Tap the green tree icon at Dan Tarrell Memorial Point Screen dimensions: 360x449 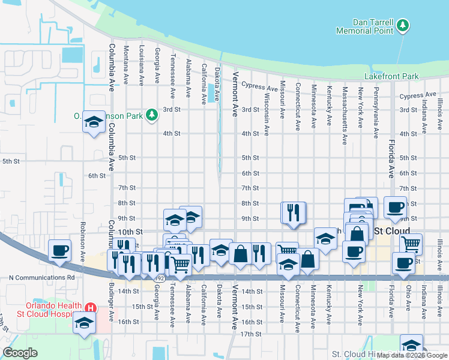point(404,25)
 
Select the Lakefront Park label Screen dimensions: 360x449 point(391,76)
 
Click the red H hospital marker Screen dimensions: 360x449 point(89,308)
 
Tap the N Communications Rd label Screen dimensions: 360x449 point(41,278)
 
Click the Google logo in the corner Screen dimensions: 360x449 point(20,353)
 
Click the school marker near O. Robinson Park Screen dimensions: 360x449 point(93,122)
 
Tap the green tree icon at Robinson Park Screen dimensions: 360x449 point(152,115)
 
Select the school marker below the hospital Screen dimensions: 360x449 point(84,323)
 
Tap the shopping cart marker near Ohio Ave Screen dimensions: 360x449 point(411,244)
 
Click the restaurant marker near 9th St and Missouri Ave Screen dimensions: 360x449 point(294,212)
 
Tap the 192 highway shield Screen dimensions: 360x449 point(159,279)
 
